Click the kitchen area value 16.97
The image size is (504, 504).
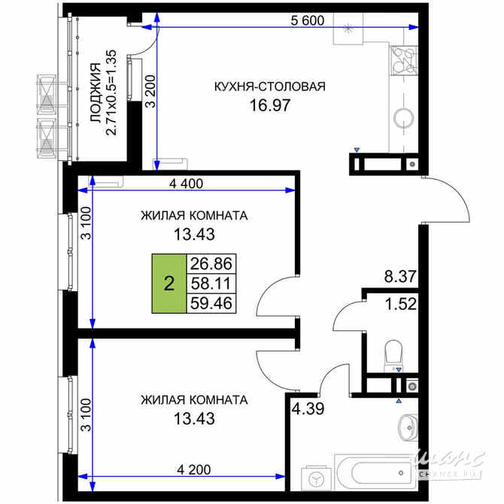(270, 105)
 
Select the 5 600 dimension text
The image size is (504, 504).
(307, 21)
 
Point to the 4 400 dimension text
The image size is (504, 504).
(187, 183)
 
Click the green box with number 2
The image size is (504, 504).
(169, 284)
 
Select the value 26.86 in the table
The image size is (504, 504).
(212, 264)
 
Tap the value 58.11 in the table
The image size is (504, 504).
(212, 284)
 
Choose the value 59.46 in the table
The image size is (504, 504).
(212, 303)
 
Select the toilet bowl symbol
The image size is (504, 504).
(393, 353)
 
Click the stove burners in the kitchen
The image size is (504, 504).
(403, 58)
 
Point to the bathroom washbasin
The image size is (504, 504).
(406, 427)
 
